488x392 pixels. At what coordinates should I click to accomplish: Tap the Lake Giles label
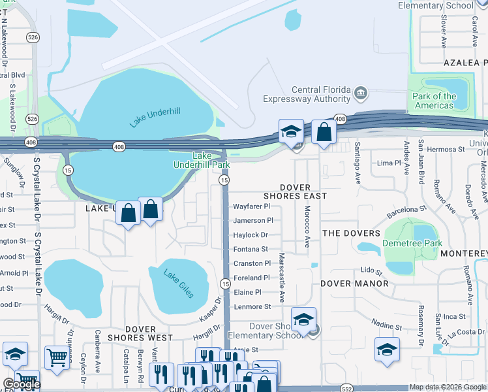tap(178, 284)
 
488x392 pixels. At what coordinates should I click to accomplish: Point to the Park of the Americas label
tap(434, 101)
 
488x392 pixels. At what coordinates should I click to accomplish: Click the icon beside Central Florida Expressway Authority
tap(360, 94)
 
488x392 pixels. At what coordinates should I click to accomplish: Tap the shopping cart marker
tap(57, 357)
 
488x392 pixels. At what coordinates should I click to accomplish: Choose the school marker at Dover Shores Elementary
tap(303, 320)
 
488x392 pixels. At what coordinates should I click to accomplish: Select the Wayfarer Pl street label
tap(251, 206)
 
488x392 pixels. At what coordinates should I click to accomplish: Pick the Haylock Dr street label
tap(251, 235)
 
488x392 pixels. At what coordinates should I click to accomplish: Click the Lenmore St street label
tap(252, 306)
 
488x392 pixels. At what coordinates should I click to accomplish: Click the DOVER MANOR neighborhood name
tap(354, 284)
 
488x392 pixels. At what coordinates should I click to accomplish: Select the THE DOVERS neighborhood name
tap(351, 233)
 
